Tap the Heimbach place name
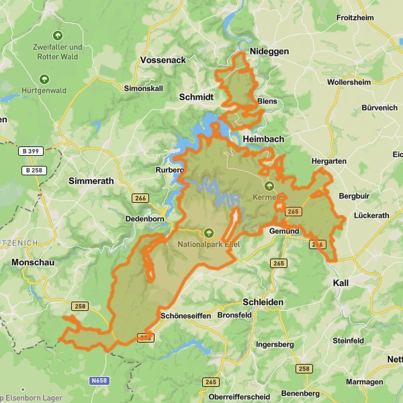263,138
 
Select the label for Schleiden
263,302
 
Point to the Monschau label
32,263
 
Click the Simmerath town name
91,181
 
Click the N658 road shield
99,381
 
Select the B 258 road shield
32,170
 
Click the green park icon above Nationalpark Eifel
209,232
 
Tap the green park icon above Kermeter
269,185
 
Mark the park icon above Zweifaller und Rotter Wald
57,35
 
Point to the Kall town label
341,283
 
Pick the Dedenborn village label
145,219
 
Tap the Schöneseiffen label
186,316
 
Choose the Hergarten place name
329,161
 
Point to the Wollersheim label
349,82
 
